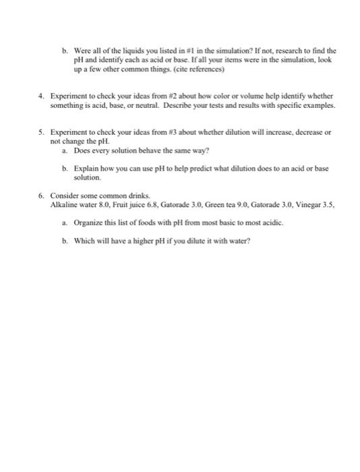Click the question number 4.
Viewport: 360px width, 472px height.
click(41, 96)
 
